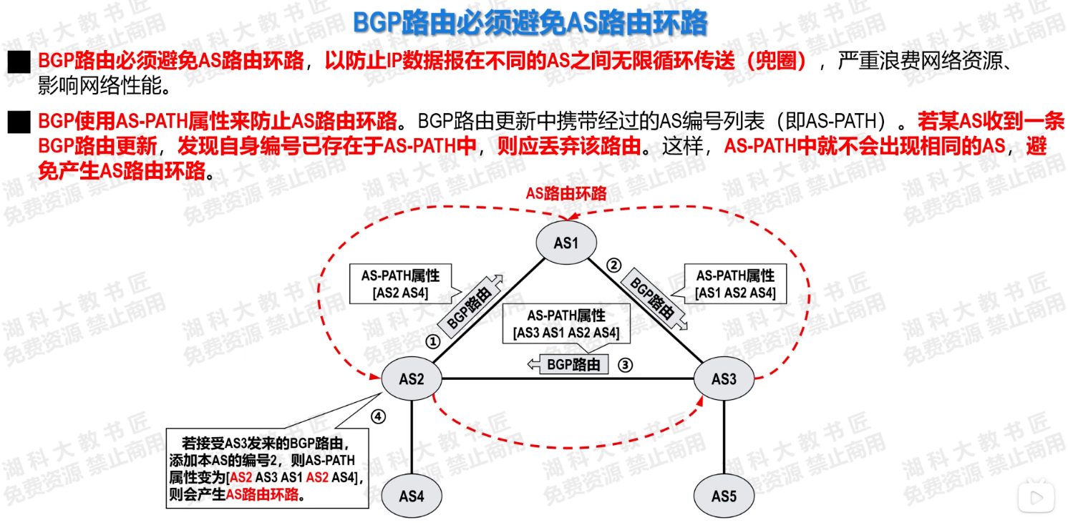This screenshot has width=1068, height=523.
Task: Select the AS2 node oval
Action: (412, 378)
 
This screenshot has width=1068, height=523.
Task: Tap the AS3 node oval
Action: (724, 378)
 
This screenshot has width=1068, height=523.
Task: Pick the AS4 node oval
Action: (412, 495)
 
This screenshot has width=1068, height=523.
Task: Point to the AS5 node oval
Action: (724, 495)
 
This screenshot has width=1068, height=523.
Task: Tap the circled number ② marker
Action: (613, 265)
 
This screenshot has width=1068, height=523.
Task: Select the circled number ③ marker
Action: (626, 365)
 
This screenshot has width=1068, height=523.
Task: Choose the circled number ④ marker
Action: (379, 416)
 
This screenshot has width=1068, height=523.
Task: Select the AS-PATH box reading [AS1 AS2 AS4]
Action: (735, 283)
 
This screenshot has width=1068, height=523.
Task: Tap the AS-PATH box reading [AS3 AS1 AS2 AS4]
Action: (565, 324)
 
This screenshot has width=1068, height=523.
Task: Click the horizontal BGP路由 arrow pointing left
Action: (568, 365)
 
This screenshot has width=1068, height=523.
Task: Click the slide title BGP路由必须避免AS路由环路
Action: (530, 23)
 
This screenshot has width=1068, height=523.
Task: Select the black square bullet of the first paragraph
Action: (19, 62)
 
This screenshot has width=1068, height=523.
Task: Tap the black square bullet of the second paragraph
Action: (19, 122)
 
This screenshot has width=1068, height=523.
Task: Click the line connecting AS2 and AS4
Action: (412, 436)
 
